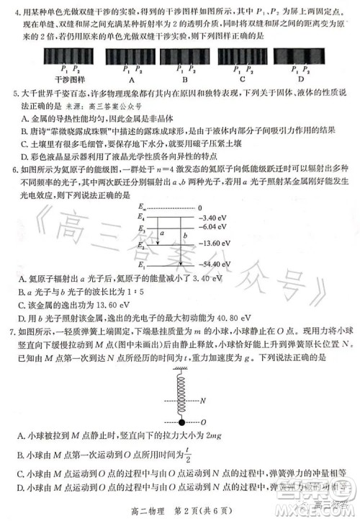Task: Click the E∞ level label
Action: click(x=143, y=208)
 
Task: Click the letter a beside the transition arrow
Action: click(x=163, y=233)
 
